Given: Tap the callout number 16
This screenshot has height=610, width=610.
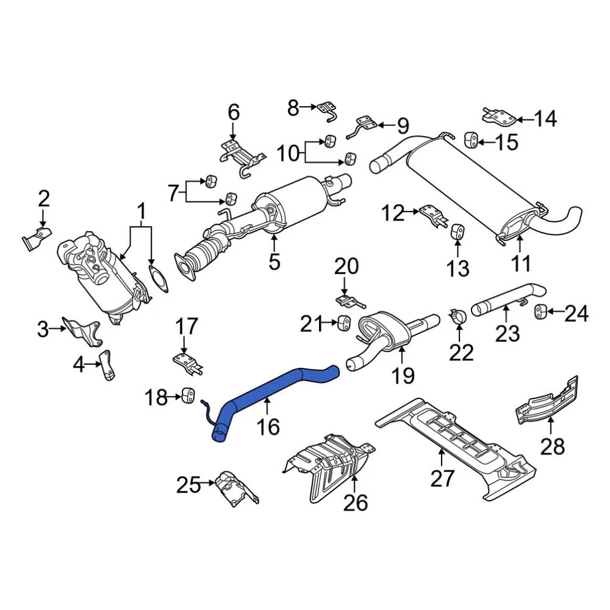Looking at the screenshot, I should tap(268, 426).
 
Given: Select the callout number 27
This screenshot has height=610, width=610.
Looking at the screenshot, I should tap(442, 478).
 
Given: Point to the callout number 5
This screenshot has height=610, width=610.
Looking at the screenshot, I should tap(274, 261).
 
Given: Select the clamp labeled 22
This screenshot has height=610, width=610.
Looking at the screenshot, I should tap(457, 315).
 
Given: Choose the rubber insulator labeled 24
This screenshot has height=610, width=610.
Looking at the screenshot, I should tap(541, 311).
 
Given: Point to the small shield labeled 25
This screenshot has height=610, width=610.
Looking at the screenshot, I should tap(233, 489).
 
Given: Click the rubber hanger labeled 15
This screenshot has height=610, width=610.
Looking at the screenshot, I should tap(471, 139).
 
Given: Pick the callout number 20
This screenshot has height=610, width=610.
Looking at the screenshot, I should tap(346, 266).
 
